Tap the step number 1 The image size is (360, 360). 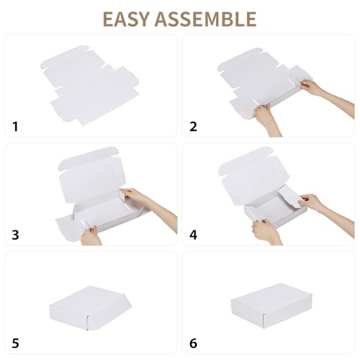(x=16, y=127)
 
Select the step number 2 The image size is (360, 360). (x=193, y=127)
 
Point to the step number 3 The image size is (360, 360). (x=16, y=235)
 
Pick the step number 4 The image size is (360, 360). (x=193, y=235)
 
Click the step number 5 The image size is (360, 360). (x=16, y=343)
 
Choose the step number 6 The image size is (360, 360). (x=193, y=343)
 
